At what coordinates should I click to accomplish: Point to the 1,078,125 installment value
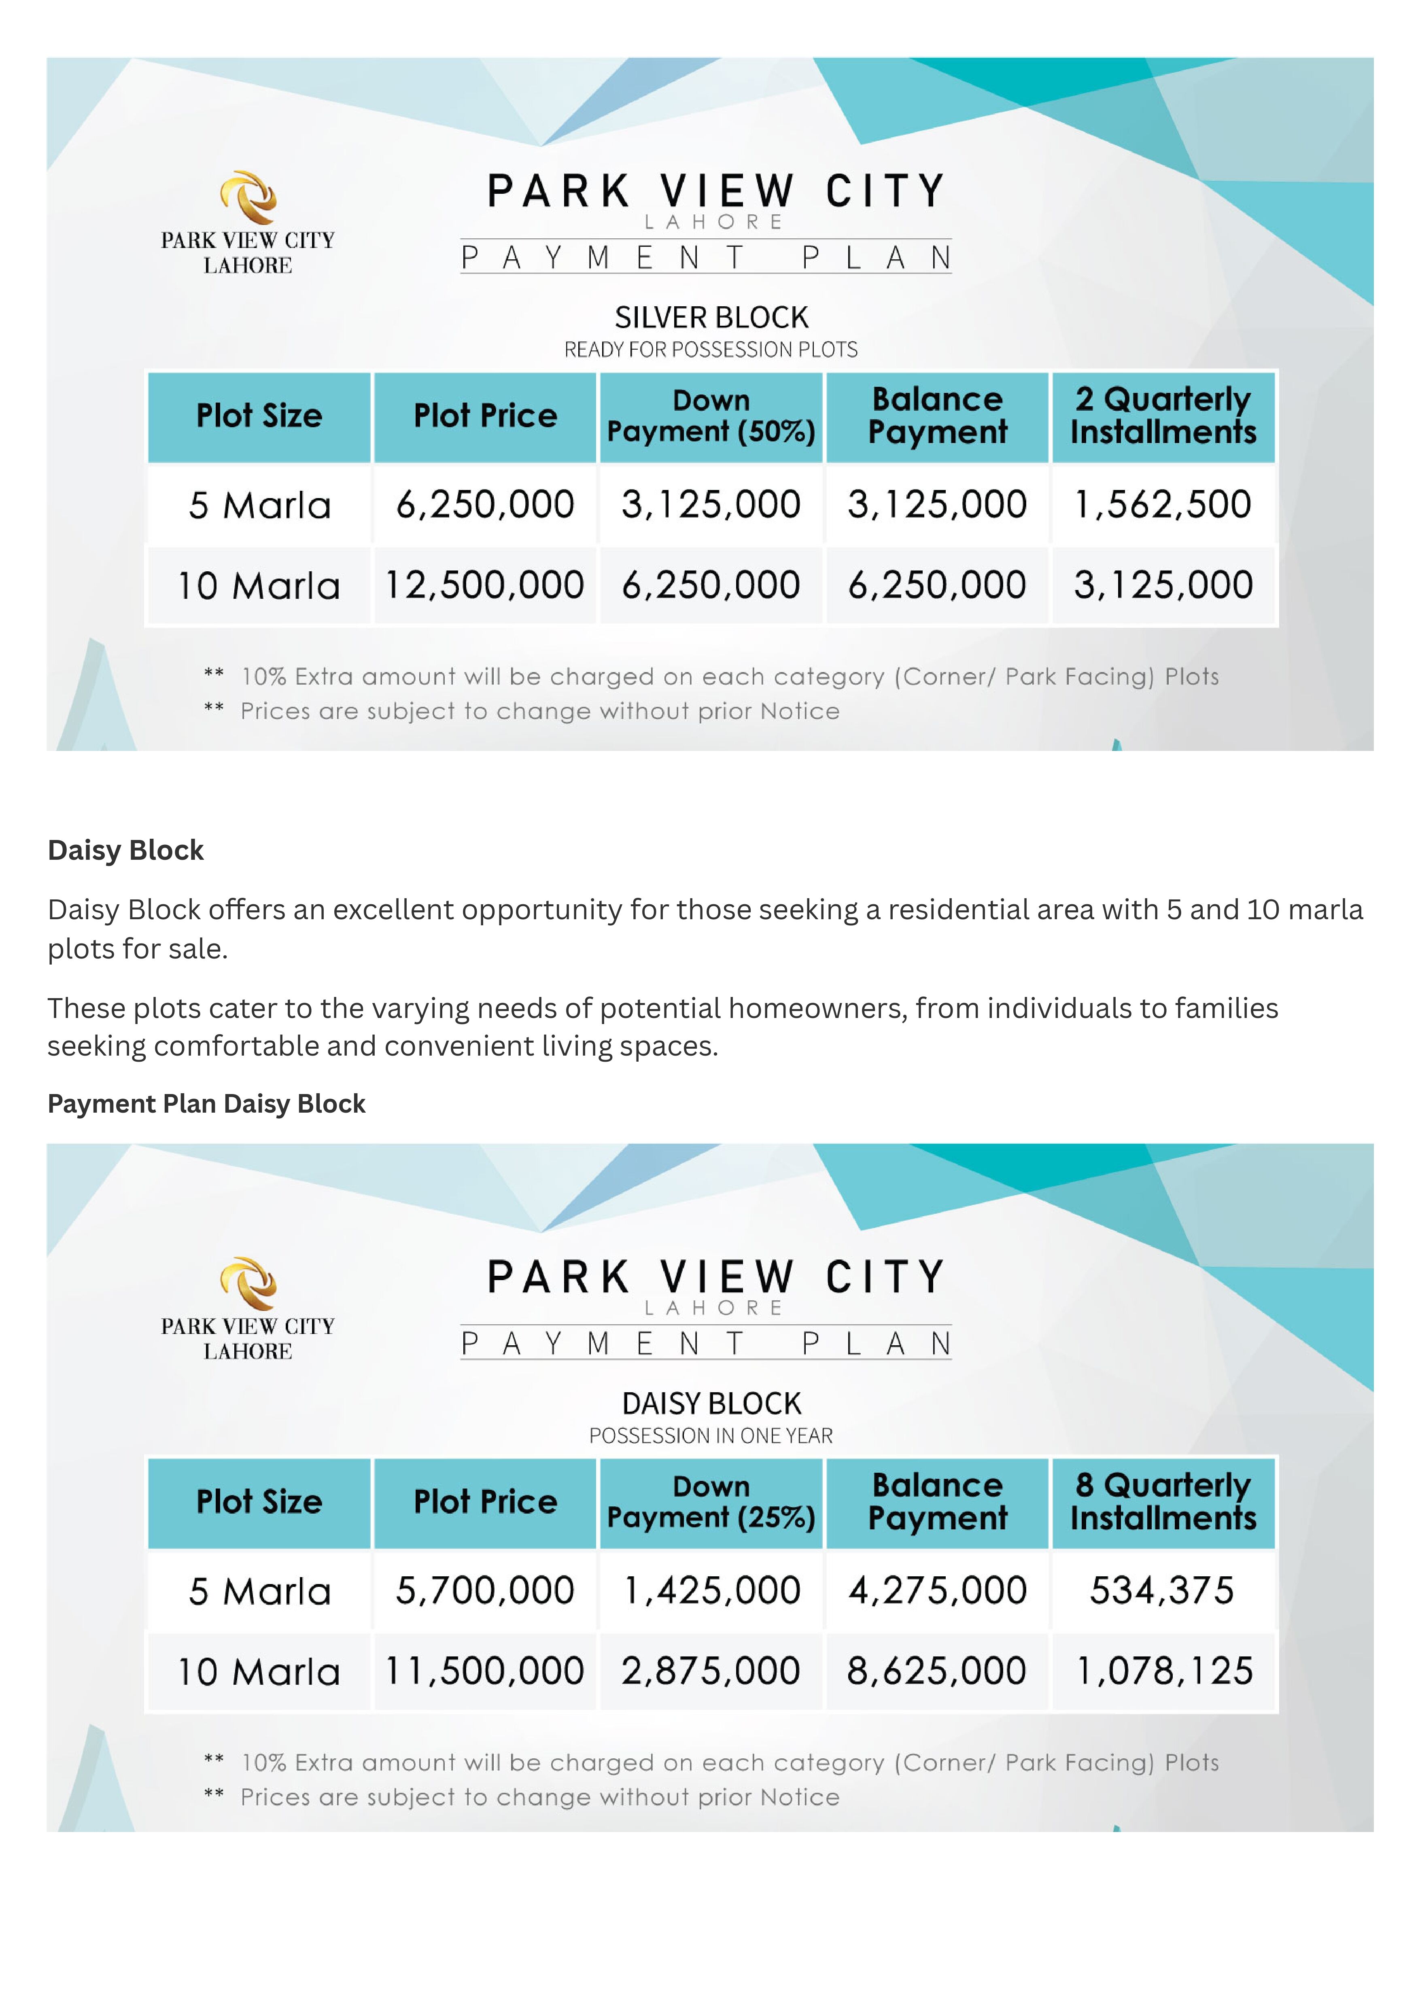click(1163, 1670)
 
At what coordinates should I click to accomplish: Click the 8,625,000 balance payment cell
click(936, 1670)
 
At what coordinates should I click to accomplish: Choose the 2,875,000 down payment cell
click(711, 1670)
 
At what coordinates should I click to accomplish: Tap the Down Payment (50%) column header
click(711, 416)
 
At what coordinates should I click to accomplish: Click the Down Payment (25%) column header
click(711, 1501)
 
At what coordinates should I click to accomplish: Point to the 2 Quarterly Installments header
click(1163, 416)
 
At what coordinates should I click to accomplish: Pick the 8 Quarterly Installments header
click(1163, 1501)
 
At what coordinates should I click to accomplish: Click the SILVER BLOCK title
click(711, 317)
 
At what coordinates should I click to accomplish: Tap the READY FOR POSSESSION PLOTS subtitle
click(711, 350)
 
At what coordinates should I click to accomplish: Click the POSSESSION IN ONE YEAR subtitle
click(711, 1435)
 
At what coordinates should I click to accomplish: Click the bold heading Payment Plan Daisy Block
click(206, 1104)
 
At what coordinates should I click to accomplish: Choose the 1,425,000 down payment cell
click(711, 1590)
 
